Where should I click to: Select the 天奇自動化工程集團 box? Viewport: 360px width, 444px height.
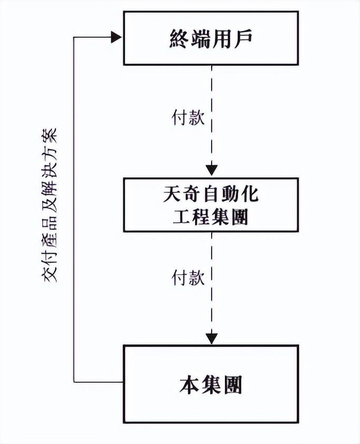click(211, 205)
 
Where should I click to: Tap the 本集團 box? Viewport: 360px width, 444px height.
click(211, 383)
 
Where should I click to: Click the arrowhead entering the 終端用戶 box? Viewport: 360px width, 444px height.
click(117, 37)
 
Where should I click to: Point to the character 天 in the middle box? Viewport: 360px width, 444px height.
click(172, 195)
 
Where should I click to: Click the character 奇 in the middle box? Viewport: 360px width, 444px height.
click(191, 195)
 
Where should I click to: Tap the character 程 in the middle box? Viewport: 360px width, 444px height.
click(201, 216)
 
